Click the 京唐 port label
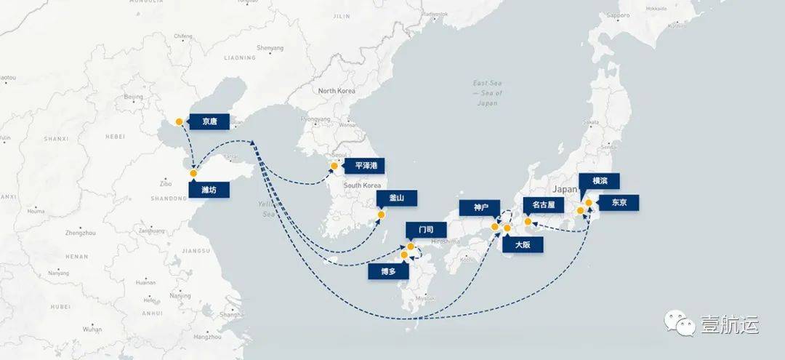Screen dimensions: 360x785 (209, 121)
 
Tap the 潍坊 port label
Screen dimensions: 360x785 (209, 190)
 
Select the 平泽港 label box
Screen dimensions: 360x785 (366, 166)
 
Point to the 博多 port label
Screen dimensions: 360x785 (389, 272)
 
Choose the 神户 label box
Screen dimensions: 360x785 (480, 208)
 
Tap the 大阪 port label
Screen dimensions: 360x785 (523, 245)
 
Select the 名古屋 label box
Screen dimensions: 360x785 (543, 205)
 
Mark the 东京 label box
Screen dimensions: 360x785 (619, 203)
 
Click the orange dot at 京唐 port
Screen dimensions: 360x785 (179, 121)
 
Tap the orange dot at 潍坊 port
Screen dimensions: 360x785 (193, 173)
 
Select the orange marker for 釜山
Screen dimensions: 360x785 (381, 215)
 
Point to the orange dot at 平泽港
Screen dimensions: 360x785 (334, 167)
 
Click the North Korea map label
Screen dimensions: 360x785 (337, 91)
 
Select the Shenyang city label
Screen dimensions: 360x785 (270, 48)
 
